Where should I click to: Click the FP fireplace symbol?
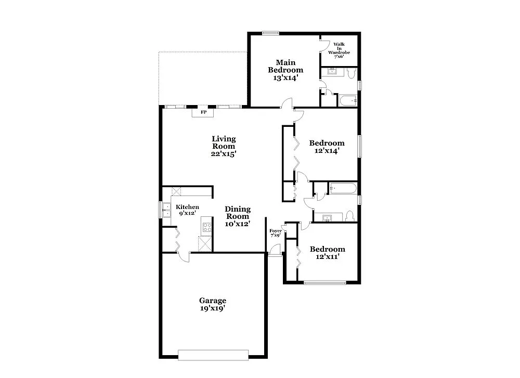pos(203,112)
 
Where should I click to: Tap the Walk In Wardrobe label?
pos(339,50)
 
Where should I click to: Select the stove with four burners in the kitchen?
pos(206,227)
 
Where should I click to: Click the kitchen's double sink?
pos(167,210)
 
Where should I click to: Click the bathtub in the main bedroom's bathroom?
pos(346,100)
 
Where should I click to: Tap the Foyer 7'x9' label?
pos(275,233)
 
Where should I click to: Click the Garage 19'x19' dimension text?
pos(212,308)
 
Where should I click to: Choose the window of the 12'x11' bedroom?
pos(324,283)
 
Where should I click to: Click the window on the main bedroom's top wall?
pos(270,33)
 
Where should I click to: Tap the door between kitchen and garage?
pos(182,254)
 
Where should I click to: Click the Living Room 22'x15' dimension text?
pos(224,154)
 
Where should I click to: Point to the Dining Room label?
pos(238,213)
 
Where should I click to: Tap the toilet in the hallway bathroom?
pos(350,215)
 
